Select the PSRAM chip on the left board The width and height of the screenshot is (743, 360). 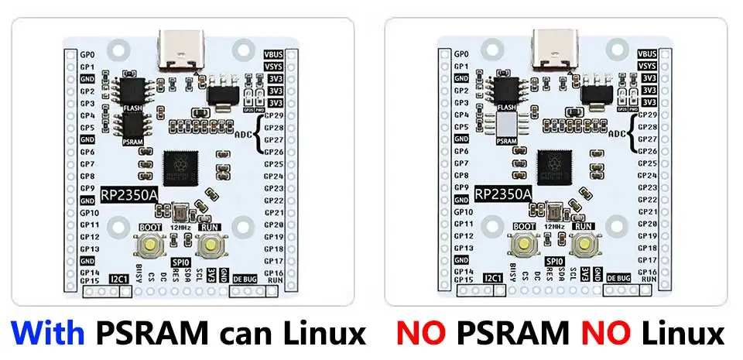click(131, 126)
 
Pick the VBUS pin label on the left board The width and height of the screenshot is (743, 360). click(273, 54)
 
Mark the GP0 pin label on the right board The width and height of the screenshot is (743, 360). click(462, 54)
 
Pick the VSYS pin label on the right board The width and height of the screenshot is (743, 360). click(648, 67)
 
